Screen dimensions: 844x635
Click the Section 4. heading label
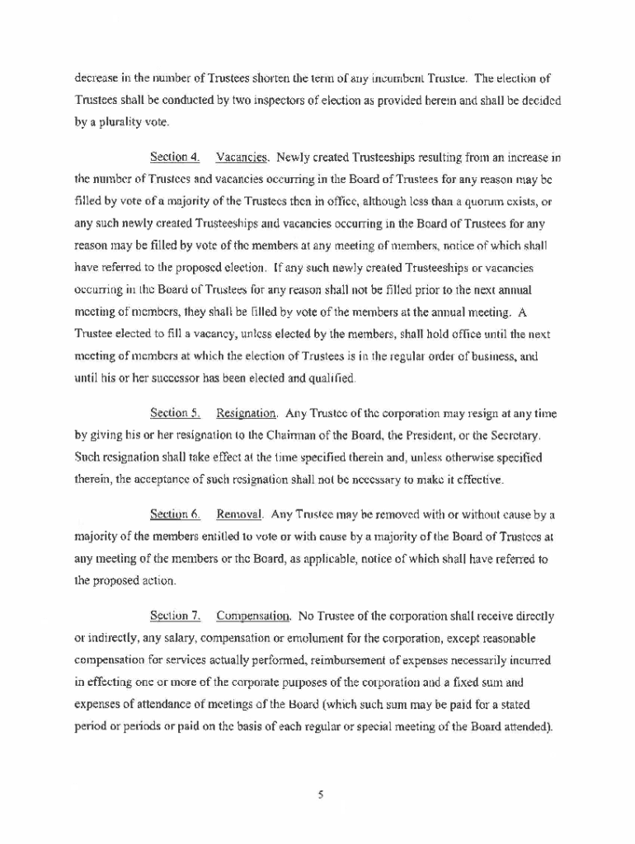click(176, 157)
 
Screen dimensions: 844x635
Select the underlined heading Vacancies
click(242, 157)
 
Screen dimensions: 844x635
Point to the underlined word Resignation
click(247, 412)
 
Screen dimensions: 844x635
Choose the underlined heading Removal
click(240, 515)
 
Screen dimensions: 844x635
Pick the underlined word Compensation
click(254, 617)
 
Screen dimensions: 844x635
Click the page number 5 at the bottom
click(317, 794)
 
